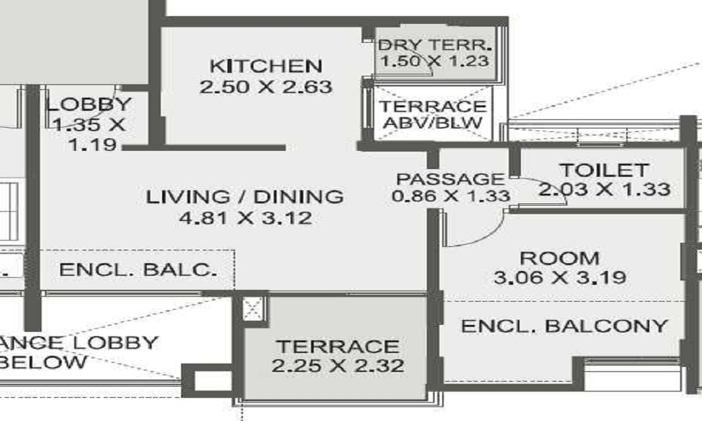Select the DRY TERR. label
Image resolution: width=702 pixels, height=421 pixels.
coord(435,46)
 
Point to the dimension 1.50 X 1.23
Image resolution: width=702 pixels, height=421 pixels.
coord(435,61)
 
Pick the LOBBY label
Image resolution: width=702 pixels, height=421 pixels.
coord(88,105)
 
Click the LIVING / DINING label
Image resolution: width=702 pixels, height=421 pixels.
coord(245,196)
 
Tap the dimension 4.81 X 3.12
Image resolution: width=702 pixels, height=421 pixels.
coord(245,218)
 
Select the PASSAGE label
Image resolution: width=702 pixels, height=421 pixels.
coord(450,179)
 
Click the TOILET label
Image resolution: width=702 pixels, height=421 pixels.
coord(603,170)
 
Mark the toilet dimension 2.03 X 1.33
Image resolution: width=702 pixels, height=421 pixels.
coord(604,189)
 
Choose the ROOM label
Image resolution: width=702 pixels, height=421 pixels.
coord(559,258)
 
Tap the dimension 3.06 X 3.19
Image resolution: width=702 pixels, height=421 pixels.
coord(559,278)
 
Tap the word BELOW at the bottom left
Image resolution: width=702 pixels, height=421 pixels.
coord(44,362)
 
